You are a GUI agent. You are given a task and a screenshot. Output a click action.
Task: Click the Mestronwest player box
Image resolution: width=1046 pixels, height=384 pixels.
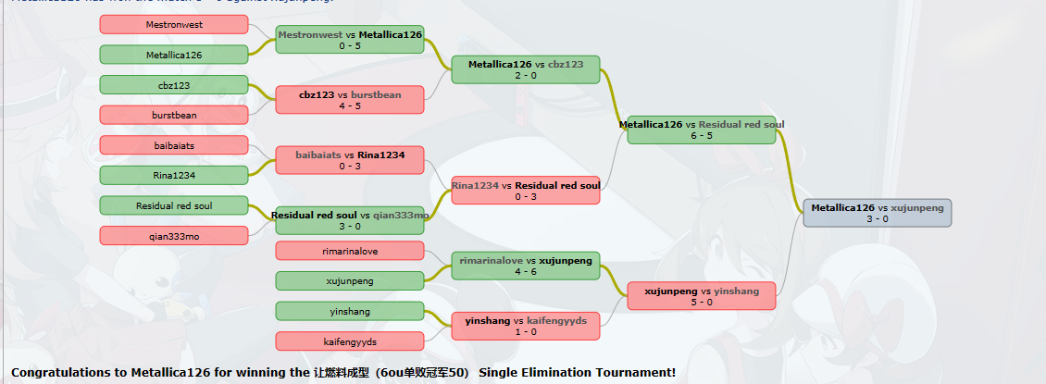(174, 25)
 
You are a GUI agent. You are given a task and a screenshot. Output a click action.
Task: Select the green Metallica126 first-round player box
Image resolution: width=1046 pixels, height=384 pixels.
(174, 56)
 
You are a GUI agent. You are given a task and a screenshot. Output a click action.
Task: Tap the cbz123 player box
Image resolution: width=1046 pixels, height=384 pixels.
(174, 85)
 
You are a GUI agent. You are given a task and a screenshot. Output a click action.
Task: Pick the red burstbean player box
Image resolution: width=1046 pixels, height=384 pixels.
(174, 115)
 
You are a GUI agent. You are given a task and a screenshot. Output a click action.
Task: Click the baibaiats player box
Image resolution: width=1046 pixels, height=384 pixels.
(174, 145)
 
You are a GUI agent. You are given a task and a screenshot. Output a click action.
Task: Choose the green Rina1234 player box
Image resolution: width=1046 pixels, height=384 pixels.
(174, 175)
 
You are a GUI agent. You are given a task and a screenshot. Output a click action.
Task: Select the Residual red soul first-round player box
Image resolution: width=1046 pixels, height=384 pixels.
(174, 205)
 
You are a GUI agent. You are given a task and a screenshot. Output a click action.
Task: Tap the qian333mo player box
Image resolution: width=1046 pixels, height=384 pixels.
(174, 236)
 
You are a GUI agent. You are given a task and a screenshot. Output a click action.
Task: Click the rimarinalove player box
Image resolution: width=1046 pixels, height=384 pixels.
(350, 251)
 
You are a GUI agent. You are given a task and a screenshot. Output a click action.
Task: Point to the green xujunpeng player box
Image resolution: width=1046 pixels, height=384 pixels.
(350, 280)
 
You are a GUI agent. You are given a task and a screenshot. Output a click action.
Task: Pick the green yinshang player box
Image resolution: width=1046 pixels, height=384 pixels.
(350, 311)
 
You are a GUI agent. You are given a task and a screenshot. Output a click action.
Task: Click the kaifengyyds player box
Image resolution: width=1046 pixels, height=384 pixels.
(350, 341)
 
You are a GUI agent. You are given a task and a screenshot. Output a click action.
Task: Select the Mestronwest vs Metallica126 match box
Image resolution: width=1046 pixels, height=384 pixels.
(350, 39)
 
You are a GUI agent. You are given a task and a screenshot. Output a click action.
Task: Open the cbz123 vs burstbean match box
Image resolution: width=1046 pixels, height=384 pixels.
(350, 99)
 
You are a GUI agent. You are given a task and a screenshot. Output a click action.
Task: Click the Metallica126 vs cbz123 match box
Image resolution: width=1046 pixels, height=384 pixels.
(526, 69)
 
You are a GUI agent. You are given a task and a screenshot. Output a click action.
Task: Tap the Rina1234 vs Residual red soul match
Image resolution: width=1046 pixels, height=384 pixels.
(526, 190)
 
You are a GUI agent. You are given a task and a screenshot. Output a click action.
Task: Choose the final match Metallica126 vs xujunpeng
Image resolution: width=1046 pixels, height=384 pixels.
(877, 213)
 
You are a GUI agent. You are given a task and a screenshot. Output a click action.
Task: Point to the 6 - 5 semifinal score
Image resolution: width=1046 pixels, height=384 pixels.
(702, 136)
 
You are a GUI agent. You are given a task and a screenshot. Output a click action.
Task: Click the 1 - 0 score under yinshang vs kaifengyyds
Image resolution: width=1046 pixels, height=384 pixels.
(526, 332)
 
